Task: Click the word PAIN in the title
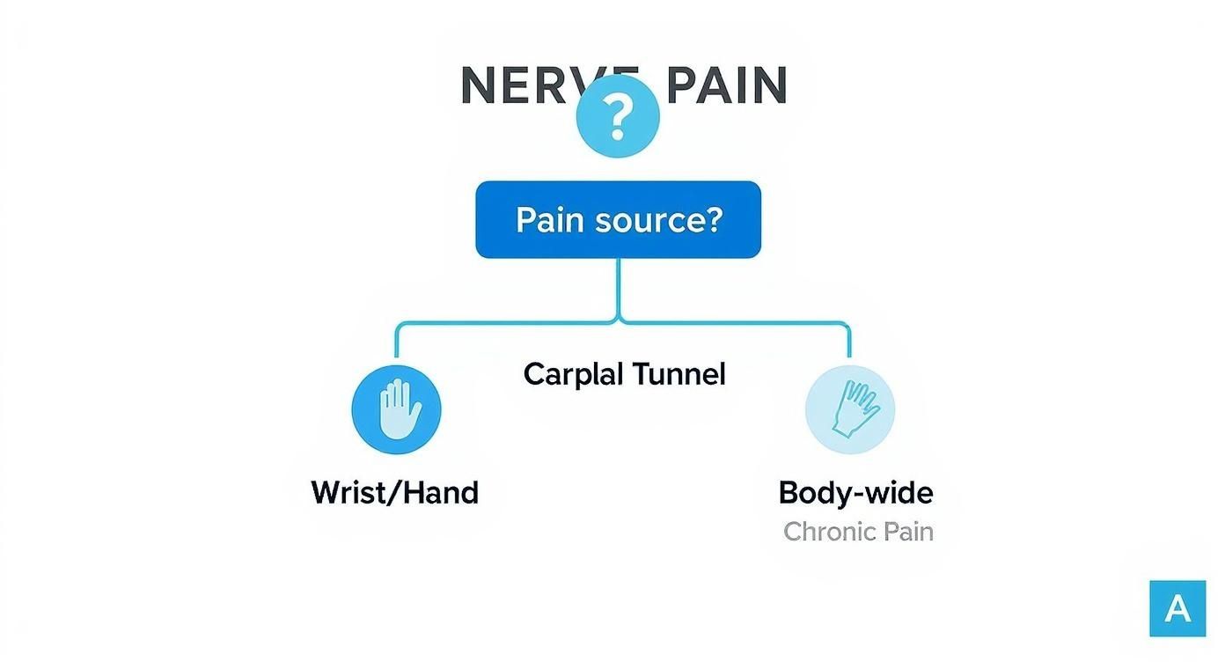click(726, 85)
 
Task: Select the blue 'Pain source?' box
click(618, 219)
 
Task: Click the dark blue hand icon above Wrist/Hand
click(396, 409)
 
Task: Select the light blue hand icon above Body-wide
click(850, 410)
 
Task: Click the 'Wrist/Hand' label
click(394, 492)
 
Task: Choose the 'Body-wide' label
click(855, 492)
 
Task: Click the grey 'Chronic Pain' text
click(858, 532)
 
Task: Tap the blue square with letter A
click(1177, 608)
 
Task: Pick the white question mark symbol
click(618, 116)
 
